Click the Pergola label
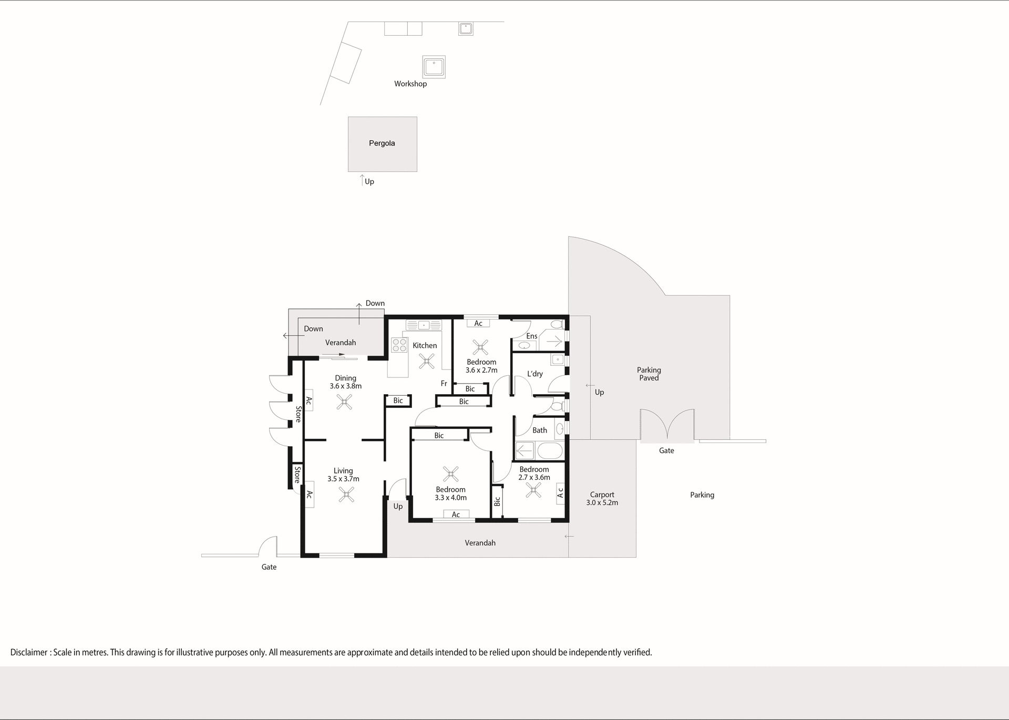[x=382, y=143]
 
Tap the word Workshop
[x=410, y=84]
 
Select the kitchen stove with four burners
[x=399, y=345]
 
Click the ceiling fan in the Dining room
[x=344, y=403]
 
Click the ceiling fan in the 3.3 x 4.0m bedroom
[x=450, y=474]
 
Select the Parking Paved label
[x=648, y=374]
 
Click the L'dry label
[x=534, y=374]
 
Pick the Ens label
[x=531, y=336]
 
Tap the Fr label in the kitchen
[x=444, y=384]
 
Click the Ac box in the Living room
[x=310, y=495]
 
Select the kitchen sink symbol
[x=424, y=325]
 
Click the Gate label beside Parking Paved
[x=666, y=450]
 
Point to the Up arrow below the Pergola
[x=362, y=180]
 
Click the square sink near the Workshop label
[x=434, y=67]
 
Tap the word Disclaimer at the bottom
[x=29, y=652]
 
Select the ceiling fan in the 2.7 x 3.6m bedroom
[x=533, y=491]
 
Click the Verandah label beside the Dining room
[x=340, y=343]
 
